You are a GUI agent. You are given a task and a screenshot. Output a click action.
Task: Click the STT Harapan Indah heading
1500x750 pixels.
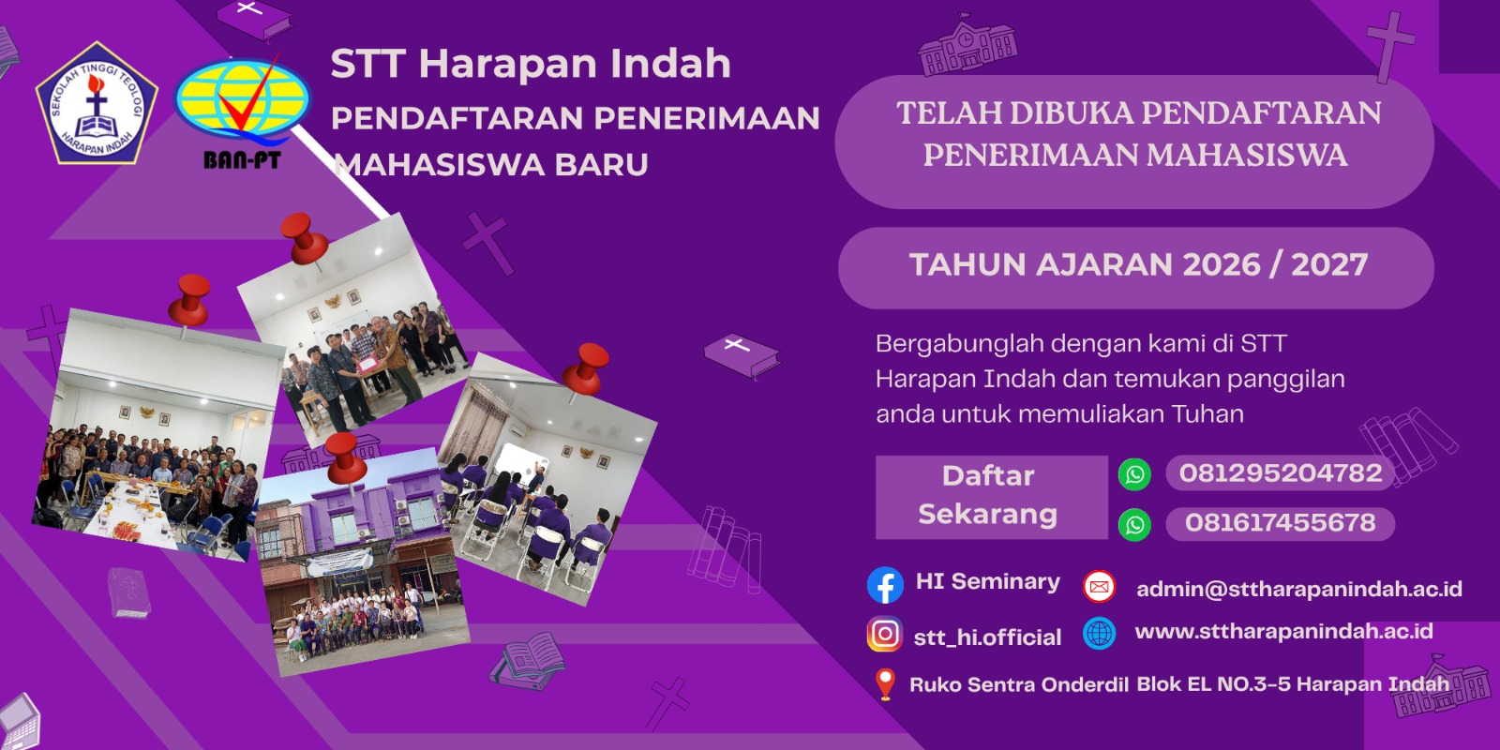coord(531,63)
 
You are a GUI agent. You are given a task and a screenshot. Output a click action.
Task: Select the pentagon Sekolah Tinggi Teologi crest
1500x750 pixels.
coord(97,103)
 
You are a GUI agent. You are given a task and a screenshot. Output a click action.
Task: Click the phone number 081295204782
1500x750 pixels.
coord(1281,473)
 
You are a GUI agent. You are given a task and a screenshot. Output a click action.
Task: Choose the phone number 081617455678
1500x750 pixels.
coord(1281,523)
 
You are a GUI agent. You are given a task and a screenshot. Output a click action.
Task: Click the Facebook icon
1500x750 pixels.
coord(885,585)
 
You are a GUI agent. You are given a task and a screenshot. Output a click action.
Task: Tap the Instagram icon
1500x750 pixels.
coord(885,634)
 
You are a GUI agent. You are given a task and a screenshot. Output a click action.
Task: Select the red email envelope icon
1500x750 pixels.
coord(1099,587)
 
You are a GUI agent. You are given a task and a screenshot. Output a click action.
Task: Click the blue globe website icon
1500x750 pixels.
coord(1099,633)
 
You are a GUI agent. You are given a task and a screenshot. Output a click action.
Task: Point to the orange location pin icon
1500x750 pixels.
coord(885,684)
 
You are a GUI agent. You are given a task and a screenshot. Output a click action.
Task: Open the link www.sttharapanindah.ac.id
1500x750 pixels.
coord(1283,631)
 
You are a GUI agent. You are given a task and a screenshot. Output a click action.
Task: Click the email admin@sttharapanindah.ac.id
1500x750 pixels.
coord(1299,589)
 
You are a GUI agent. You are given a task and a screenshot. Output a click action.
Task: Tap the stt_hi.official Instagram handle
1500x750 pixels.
coord(987,637)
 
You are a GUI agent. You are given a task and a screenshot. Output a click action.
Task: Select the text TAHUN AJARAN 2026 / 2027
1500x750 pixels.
coord(1138,264)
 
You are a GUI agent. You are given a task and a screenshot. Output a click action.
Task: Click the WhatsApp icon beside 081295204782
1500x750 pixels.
coord(1134,474)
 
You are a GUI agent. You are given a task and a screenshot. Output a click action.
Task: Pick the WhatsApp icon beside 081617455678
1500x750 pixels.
coord(1134,524)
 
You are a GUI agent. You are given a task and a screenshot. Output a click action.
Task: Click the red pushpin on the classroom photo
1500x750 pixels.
coord(585,369)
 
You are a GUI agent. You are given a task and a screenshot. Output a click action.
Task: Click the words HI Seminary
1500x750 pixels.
coord(988,581)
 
